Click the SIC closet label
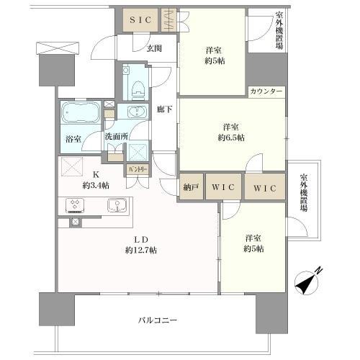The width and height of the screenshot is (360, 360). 140,20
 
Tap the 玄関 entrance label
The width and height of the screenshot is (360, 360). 153,48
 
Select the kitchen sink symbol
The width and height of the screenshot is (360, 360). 117,205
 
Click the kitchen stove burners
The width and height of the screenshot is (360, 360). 76,205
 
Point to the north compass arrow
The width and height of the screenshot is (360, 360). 308,281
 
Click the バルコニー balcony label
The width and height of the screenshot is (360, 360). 160,320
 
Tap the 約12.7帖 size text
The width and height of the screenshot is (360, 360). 140,250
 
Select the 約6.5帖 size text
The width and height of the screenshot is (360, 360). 231,137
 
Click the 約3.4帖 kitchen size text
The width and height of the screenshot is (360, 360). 96,185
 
